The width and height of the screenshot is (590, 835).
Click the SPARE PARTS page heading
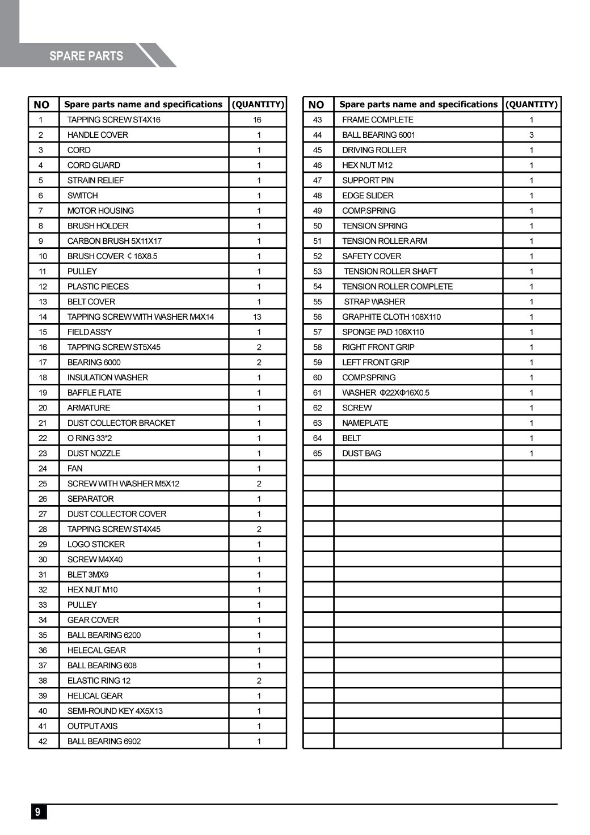pyautogui.click(x=86, y=56)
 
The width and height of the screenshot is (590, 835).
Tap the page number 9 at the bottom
pyautogui.click(x=38, y=811)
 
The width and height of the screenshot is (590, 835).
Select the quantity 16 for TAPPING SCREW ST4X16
pyautogui.click(x=258, y=120)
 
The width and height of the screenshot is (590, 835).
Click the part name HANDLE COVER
pyautogui.click(x=98, y=135)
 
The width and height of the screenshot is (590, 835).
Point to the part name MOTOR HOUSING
pyautogui.click(x=100, y=211)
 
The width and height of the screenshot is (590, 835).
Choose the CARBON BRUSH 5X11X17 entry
pyautogui.click(x=115, y=241)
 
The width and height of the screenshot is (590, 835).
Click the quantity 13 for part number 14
pyautogui.click(x=258, y=317)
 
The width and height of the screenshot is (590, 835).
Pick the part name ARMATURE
pyautogui.click(x=88, y=408)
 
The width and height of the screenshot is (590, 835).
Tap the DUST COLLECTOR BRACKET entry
pyautogui.click(x=121, y=423)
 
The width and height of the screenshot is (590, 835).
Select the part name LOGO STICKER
pyautogui.click(x=96, y=544)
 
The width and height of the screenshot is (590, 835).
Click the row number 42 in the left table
pyautogui.click(x=43, y=741)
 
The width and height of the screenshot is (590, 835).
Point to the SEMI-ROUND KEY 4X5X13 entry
pyautogui.click(x=115, y=711)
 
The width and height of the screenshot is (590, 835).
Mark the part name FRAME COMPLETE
pyautogui.click(x=378, y=120)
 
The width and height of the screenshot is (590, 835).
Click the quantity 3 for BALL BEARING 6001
pyautogui.click(x=532, y=135)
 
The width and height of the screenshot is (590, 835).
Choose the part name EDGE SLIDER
pyautogui.click(x=368, y=196)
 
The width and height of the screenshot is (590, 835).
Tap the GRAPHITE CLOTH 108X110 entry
pyautogui.click(x=391, y=317)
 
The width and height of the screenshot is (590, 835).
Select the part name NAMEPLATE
pyautogui.click(x=365, y=423)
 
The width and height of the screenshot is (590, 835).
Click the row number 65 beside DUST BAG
pyautogui.click(x=318, y=453)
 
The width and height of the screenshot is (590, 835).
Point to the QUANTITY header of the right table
pyautogui.click(x=532, y=104)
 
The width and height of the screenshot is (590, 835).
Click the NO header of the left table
pyautogui.click(x=41, y=104)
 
